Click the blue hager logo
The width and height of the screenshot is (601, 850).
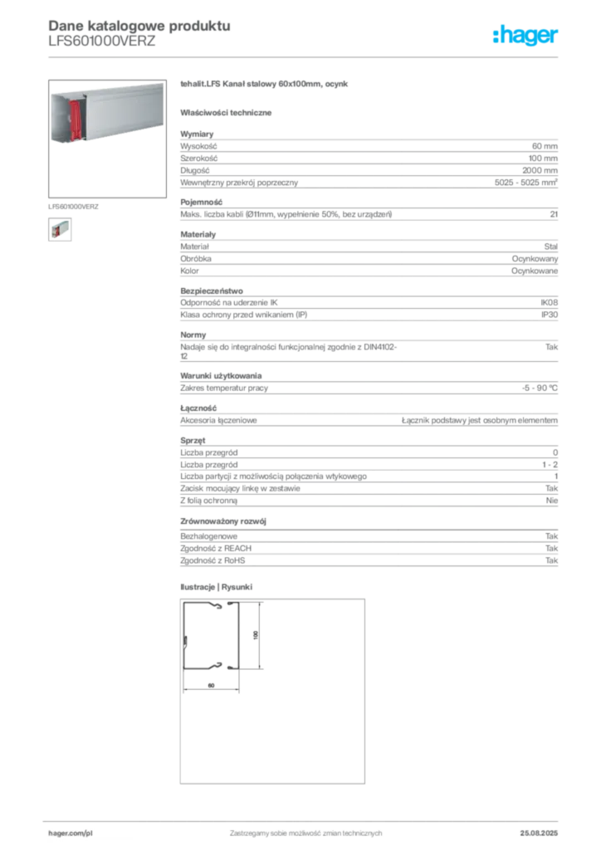click(x=526, y=36)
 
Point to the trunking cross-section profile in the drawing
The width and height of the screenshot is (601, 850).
click(x=211, y=636)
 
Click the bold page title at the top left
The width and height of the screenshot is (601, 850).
click(x=137, y=24)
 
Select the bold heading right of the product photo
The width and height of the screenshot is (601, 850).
click(x=266, y=86)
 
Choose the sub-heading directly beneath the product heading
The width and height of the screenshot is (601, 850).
click(x=228, y=111)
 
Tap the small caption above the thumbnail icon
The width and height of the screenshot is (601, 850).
click(x=73, y=205)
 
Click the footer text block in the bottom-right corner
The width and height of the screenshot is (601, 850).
click(x=540, y=828)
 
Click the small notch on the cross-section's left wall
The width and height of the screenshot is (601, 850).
click(x=185, y=641)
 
